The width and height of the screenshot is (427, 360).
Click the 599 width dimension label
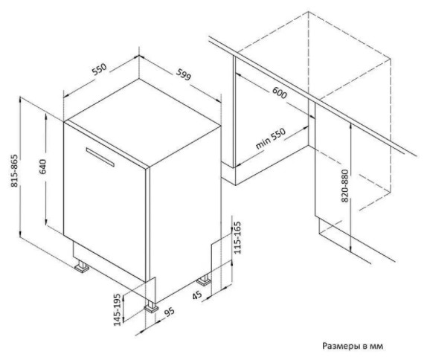(183, 74)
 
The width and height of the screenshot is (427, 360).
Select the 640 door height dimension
(43, 167)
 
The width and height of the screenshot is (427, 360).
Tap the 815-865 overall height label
(14, 171)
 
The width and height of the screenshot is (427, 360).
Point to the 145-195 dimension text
(117, 309)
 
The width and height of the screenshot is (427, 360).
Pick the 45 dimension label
(197, 295)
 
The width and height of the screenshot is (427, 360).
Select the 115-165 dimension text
(237, 238)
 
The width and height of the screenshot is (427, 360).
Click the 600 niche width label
(280, 93)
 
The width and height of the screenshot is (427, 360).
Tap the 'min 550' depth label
(271, 138)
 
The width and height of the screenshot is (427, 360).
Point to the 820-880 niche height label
(344, 186)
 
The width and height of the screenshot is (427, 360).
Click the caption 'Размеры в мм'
(353, 346)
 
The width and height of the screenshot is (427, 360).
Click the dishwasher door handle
(100, 157)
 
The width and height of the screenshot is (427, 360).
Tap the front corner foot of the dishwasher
(151, 306)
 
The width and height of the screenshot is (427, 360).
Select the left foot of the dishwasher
(82, 266)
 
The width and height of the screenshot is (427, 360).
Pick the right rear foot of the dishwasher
(204, 280)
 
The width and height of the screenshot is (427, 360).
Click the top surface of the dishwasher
(142, 122)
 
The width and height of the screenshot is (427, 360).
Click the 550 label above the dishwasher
(99, 69)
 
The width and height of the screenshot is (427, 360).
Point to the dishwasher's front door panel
(105, 202)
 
